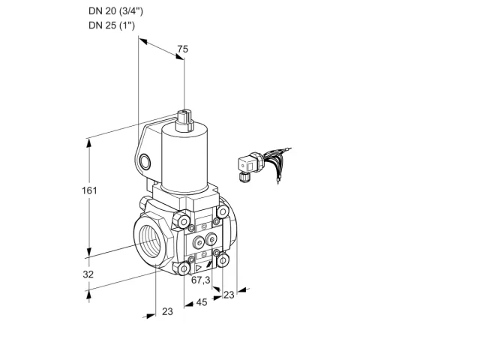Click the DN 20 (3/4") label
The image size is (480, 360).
[115, 11]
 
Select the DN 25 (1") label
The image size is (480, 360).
[112, 25]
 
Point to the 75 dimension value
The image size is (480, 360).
[183, 49]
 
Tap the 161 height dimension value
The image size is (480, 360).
[89, 190]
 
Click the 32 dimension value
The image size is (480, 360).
[88, 274]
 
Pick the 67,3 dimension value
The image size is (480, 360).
[201, 280]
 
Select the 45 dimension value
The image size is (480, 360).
[202, 302]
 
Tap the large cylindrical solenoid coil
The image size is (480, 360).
[185, 159]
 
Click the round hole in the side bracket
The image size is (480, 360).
[145, 162]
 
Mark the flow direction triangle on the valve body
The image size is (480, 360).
[199, 268]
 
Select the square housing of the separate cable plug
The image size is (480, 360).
[247, 164]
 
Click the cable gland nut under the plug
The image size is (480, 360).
[244, 177]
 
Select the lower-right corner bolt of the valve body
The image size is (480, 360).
[223, 260]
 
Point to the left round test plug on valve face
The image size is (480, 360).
[198, 243]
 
